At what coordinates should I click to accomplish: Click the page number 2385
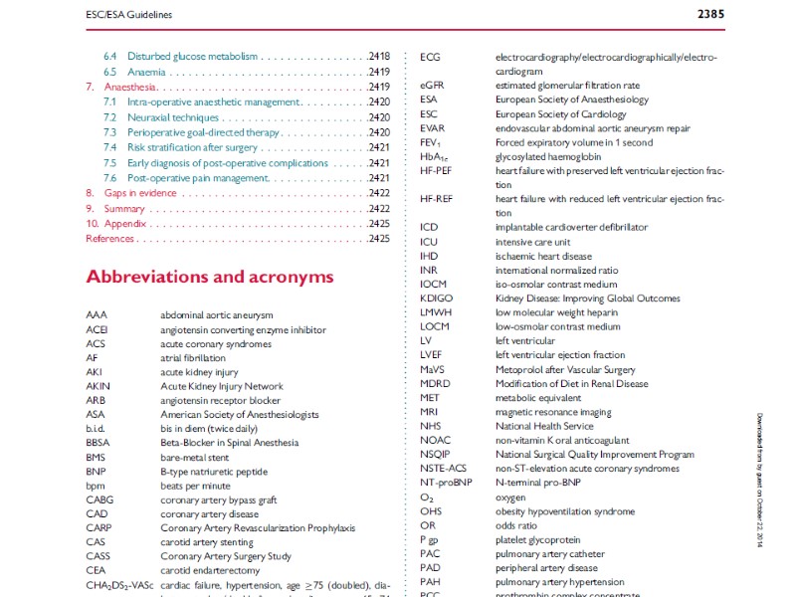click(707, 14)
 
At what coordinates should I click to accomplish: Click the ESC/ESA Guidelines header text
click(127, 15)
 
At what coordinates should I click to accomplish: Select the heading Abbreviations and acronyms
click(210, 277)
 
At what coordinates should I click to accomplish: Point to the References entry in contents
click(109, 239)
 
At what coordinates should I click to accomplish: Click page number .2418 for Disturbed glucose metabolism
click(379, 57)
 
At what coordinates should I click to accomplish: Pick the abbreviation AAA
click(97, 314)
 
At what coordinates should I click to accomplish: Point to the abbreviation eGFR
click(432, 86)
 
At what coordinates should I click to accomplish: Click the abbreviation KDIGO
click(436, 298)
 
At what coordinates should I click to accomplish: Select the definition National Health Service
click(544, 426)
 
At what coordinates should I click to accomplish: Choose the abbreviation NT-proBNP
click(444, 483)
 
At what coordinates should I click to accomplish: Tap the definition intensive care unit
click(532, 242)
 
